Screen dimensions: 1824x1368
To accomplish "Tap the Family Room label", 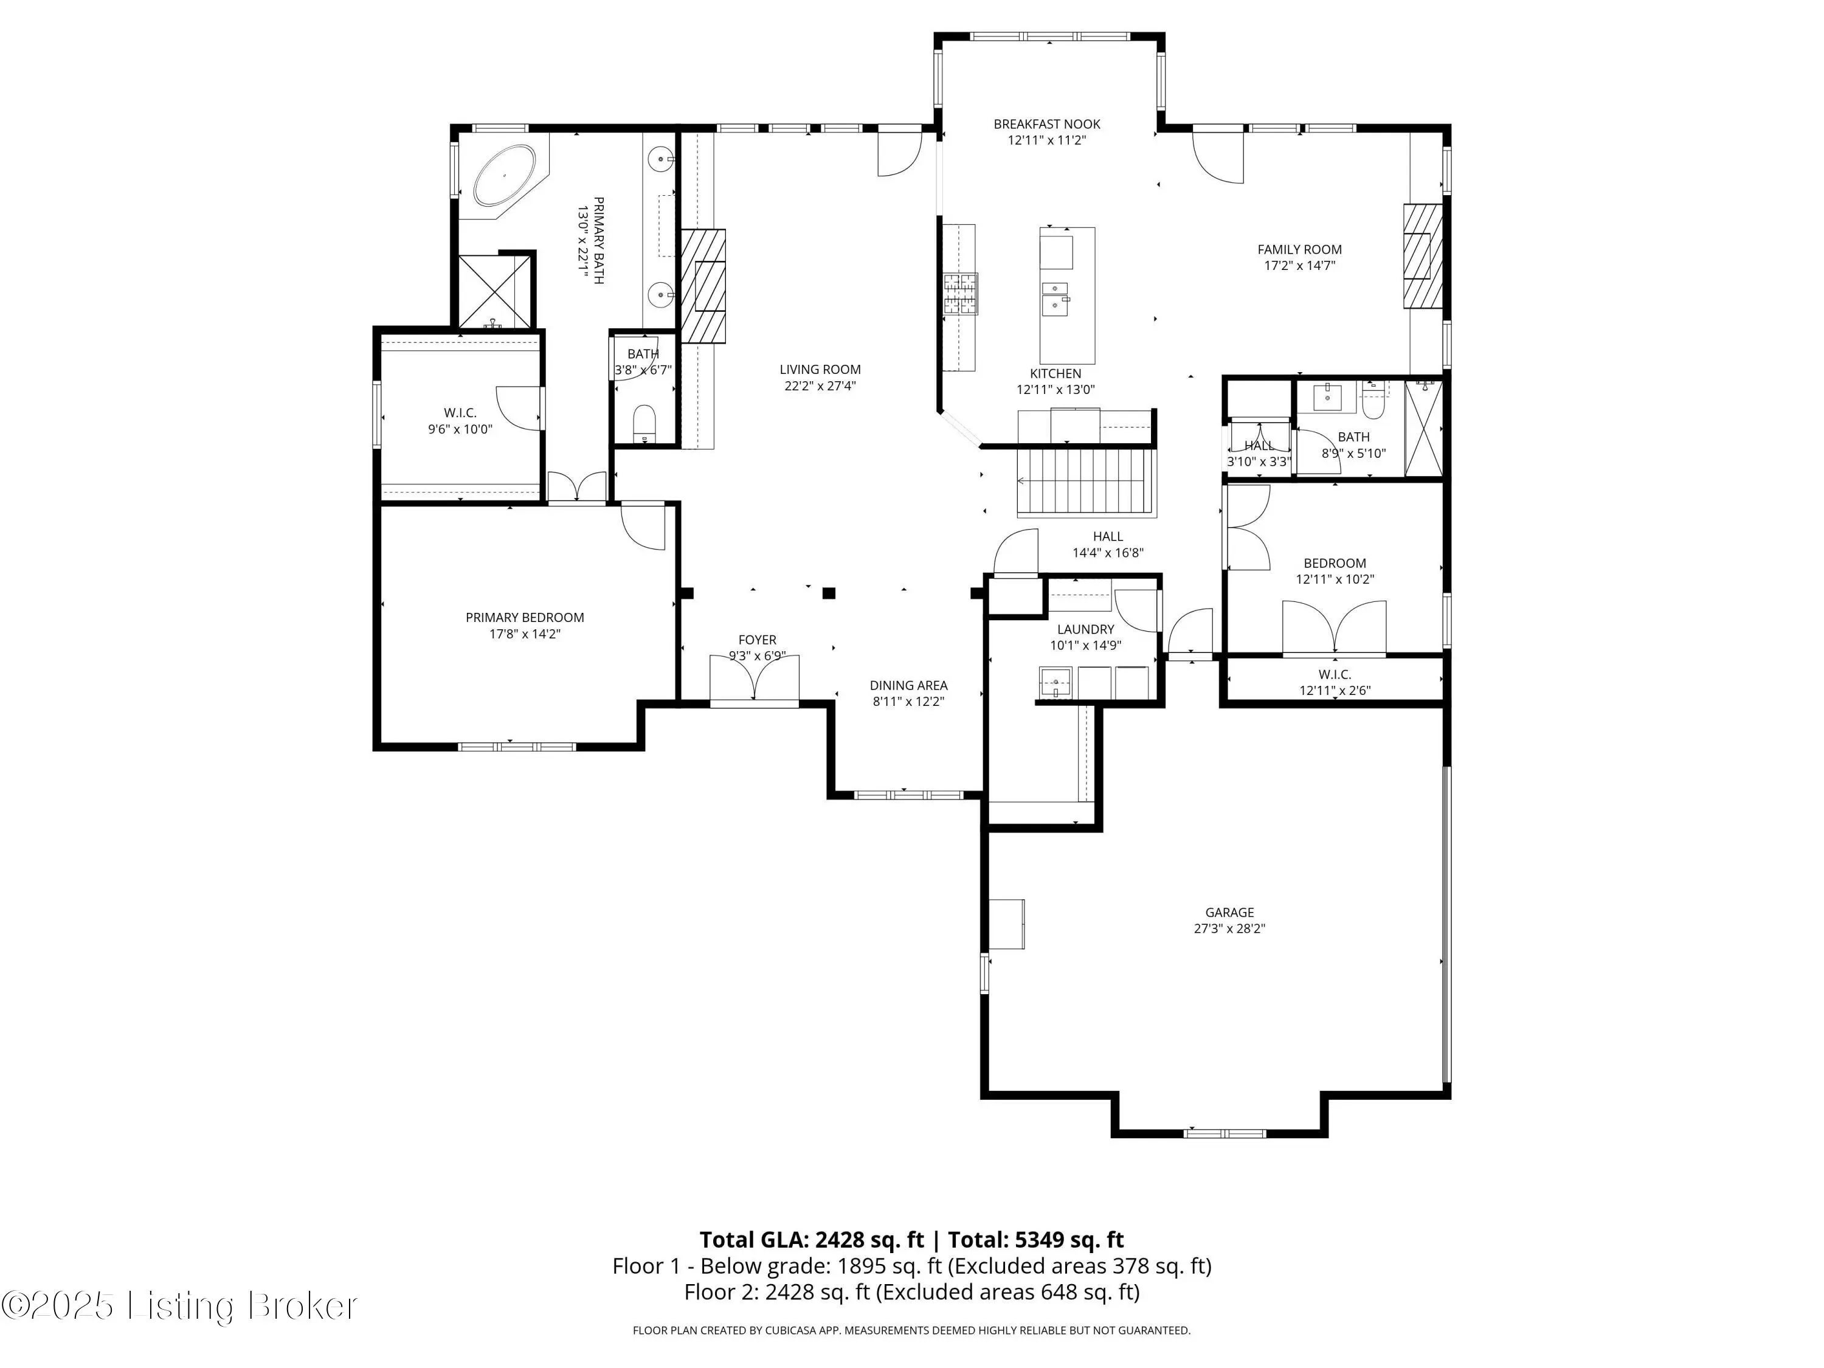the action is [x=1299, y=249].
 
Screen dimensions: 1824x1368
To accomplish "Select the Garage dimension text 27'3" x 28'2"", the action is [x=1229, y=928].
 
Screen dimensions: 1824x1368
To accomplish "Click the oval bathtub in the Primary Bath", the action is [x=504, y=176].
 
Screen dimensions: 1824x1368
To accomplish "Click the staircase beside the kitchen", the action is [x=1084, y=482].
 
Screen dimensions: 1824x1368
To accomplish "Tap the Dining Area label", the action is [x=909, y=685].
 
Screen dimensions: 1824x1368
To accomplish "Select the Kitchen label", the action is [x=1055, y=373].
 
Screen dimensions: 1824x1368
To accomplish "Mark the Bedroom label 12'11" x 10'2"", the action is [x=1335, y=572].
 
